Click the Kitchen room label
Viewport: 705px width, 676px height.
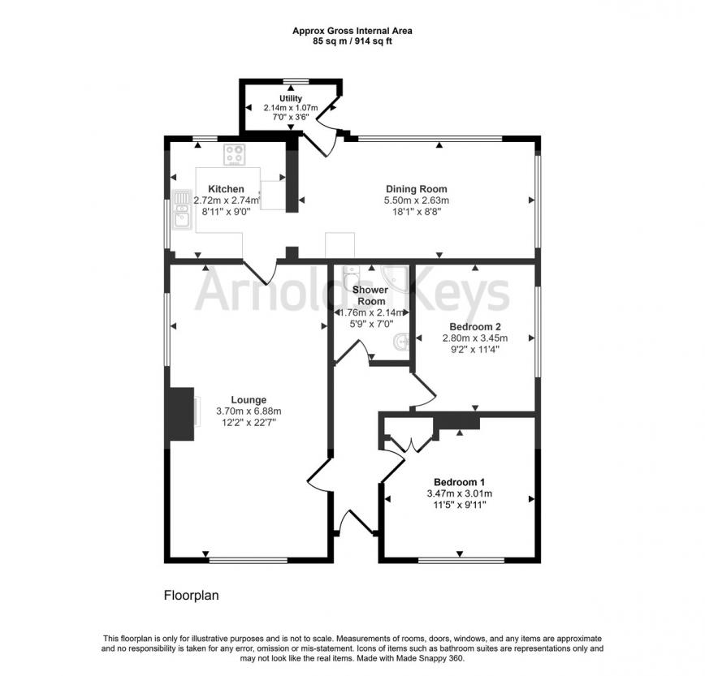[226, 189]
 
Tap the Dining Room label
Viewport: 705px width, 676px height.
[417, 189]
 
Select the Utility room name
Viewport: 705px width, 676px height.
[291, 98]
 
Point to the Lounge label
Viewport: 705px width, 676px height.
[249, 400]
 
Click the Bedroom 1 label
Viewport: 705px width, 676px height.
[459, 482]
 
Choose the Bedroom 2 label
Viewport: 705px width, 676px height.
[475, 326]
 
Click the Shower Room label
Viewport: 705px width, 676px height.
[370, 295]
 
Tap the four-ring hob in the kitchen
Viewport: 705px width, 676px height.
[235, 154]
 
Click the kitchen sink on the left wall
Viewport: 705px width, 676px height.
[182, 209]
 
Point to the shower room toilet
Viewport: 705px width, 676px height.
[352, 273]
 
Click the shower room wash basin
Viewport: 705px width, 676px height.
[401, 342]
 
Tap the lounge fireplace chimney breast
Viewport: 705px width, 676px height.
[182, 414]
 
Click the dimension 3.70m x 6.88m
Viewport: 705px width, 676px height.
[249, 411]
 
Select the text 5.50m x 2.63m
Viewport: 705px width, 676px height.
[417, 200]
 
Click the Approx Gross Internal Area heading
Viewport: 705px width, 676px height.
[352, 31]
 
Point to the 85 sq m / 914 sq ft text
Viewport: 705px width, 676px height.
[352, 41]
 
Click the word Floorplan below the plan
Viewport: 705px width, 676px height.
[191, 596]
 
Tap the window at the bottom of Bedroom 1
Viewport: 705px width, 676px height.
[461, 560]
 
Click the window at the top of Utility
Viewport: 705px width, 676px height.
[296, 81]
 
